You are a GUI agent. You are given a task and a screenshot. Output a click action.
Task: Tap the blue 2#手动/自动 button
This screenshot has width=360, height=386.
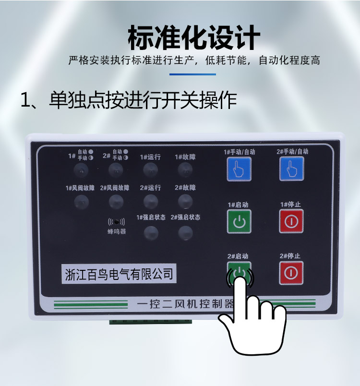coord(291,169)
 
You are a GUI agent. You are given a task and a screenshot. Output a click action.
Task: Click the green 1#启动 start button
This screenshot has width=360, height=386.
coord(239,221)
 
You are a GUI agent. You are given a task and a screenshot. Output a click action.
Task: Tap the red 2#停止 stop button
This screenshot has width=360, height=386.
coord(291,273)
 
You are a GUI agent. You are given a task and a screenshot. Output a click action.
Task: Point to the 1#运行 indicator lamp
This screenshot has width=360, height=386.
coord(150,170)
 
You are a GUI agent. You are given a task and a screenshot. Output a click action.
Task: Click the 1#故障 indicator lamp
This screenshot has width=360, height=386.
coord(185,170)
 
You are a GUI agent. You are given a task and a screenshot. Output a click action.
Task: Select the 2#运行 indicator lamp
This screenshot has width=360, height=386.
coord(151,202)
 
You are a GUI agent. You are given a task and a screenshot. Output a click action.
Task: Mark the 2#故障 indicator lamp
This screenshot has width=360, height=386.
coord(185,201)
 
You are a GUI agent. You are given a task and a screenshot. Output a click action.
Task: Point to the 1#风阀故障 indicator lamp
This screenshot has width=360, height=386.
coord(82,202)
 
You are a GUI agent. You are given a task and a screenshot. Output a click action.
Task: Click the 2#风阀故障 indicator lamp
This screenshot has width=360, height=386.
coord(116,202)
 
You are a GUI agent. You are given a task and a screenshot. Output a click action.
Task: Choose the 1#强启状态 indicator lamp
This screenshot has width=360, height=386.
coord(151,233)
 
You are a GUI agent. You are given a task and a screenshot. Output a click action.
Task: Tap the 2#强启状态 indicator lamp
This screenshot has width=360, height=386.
coord(185,233)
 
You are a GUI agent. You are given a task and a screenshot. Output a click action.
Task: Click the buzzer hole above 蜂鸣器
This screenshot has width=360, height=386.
coord(117,222)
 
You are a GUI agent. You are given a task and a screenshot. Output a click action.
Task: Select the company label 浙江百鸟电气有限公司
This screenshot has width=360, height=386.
coord(119,274)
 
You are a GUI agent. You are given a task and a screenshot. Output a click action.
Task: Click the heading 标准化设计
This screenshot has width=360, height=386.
coord(194,37)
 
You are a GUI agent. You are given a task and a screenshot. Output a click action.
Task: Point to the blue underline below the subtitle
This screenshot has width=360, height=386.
coord(192,74)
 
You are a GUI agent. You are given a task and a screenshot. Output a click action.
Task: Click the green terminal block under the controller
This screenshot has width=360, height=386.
coord(150,322)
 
